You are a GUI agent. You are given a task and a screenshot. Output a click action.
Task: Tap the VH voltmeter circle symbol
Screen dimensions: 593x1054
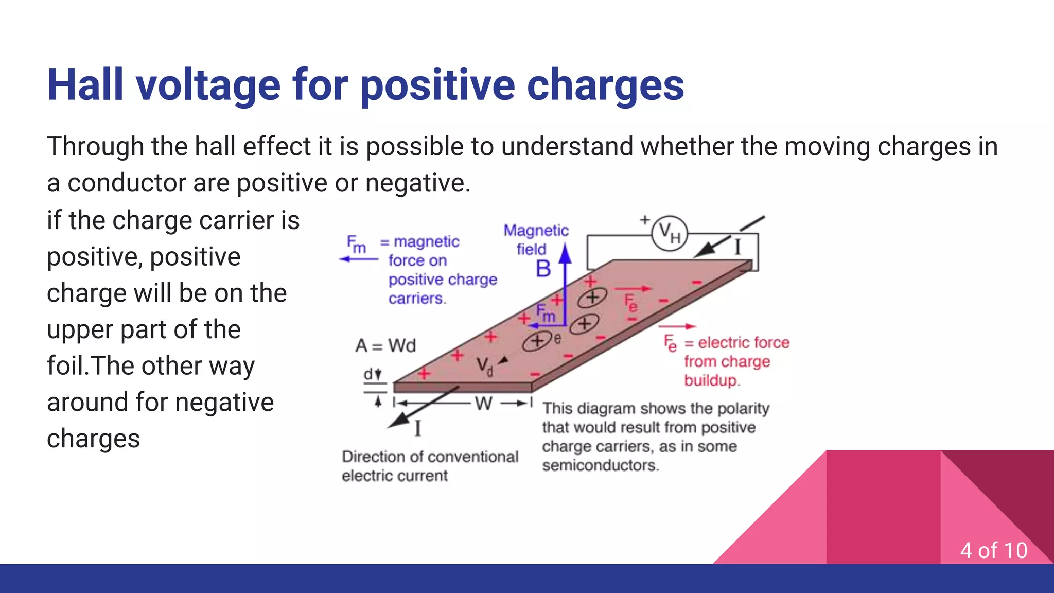pyautogui.click(x=669, y=234)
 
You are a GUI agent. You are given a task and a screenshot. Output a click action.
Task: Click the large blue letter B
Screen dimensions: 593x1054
pyautogui.click(x=543, y=269)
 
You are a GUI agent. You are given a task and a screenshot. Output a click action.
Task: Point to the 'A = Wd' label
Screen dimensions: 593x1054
pyautogui.click(x=385, y=345)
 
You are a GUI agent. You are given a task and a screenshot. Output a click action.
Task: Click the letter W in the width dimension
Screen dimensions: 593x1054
pyautogui.click(x=483, y=404)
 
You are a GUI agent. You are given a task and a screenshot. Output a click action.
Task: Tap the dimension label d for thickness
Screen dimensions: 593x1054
pyautogui.click(x=368, y=374)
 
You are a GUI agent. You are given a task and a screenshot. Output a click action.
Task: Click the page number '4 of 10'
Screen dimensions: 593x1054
pyautogui.click(x=993, y=550)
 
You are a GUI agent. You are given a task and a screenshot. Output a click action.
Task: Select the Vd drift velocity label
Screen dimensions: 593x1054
pyautogui.click(x=484, y=366)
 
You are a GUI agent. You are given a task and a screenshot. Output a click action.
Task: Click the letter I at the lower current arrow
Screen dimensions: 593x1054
pyautogui.click(x=417, y=428)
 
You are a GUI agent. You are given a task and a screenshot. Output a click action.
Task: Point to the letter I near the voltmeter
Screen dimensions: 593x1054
pyautogui.click(x=737, y=248)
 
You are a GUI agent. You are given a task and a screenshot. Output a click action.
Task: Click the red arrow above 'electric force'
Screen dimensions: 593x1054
pyautogui.click(x=677, y=326)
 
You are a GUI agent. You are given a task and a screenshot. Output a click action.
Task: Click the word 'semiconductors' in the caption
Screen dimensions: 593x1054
pyautogui.click(x=600, y=465)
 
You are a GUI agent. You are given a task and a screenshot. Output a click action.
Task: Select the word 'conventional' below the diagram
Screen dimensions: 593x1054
pyautogui.click(x=473, y=457)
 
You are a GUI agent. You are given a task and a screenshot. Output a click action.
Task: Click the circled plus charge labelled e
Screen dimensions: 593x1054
pyautogui.click(x=537, y=341)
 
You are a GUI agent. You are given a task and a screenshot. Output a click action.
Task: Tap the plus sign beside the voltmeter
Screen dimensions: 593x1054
pyautogui.click(x=645, y=220)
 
